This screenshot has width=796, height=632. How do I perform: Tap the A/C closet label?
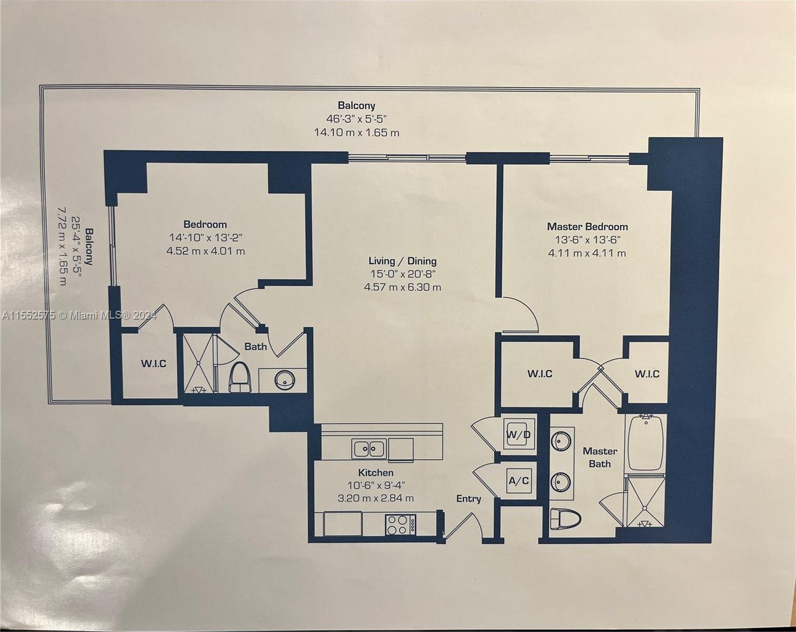[519, 481]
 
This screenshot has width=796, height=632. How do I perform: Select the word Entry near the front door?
[469, 499]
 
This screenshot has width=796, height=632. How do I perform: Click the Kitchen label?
[376, 472]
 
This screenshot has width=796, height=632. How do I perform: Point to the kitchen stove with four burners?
[401, 525]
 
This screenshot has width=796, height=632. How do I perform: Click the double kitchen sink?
[369, 449]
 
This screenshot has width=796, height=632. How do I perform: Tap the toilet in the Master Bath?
[565, 519]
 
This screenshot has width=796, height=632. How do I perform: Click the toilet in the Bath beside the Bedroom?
[240, 377]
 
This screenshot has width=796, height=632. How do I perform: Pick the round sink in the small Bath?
[285, 379]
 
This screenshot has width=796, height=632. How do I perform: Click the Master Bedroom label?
[588, 226]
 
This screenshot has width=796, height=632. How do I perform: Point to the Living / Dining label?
[402, 261]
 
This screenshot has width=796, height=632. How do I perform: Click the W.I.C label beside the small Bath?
[154, 364]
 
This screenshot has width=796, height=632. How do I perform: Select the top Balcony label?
[356, 106]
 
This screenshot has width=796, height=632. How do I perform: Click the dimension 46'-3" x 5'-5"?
[356, 119]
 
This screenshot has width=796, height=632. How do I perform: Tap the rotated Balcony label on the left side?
[89, 246]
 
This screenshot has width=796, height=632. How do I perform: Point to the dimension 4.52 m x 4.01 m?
[206, 251]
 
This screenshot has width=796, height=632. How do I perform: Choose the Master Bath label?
[600, 457]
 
